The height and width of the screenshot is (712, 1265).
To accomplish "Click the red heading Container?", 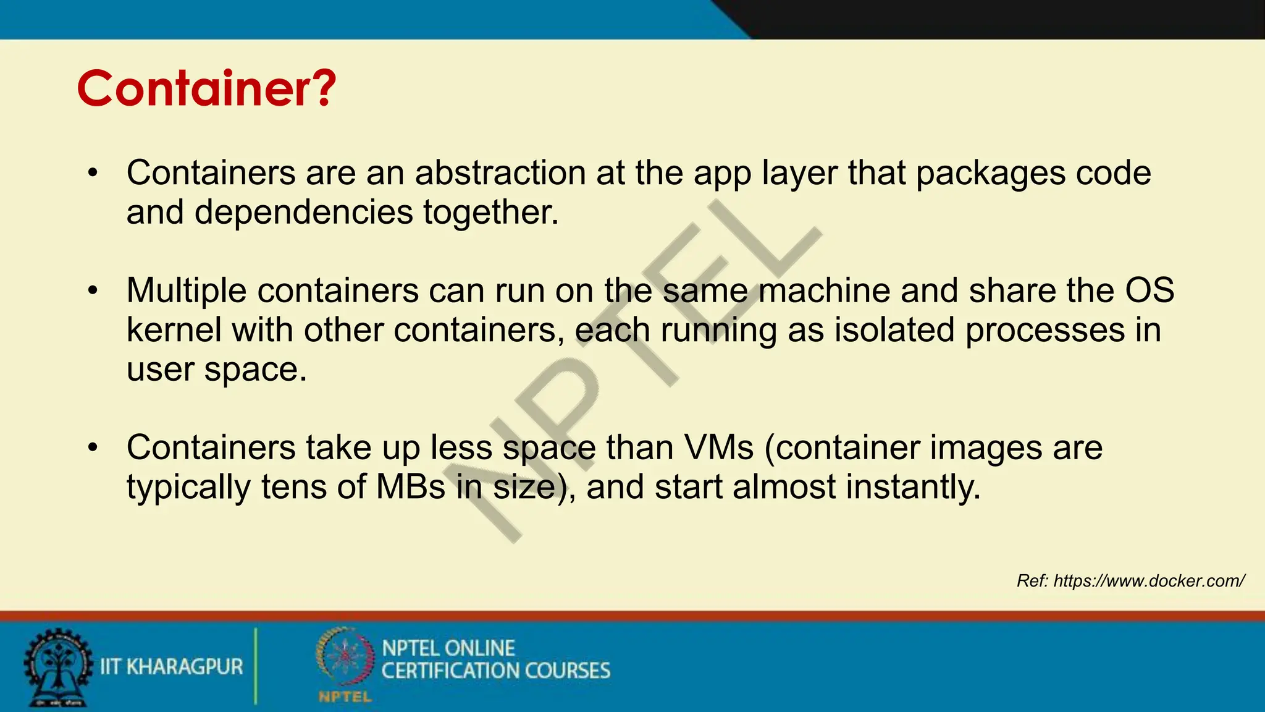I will click(x=206, y=88).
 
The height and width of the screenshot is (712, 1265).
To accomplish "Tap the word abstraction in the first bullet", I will click(x=500, y=172).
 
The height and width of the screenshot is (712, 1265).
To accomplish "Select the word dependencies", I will click(x=303, y=212).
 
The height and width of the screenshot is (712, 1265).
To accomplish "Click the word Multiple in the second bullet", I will click(x=187, y=290).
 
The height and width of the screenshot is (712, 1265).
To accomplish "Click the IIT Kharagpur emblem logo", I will click(x=57, y=667).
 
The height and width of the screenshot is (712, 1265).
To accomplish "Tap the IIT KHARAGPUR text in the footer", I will click(x=172, y=667).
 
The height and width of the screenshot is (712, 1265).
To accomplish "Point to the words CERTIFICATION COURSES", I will click(x=495, y=671).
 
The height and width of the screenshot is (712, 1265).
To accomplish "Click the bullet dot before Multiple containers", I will click(x=93, y=290).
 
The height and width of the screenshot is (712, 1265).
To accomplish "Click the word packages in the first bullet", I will click(x=990, y=172).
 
